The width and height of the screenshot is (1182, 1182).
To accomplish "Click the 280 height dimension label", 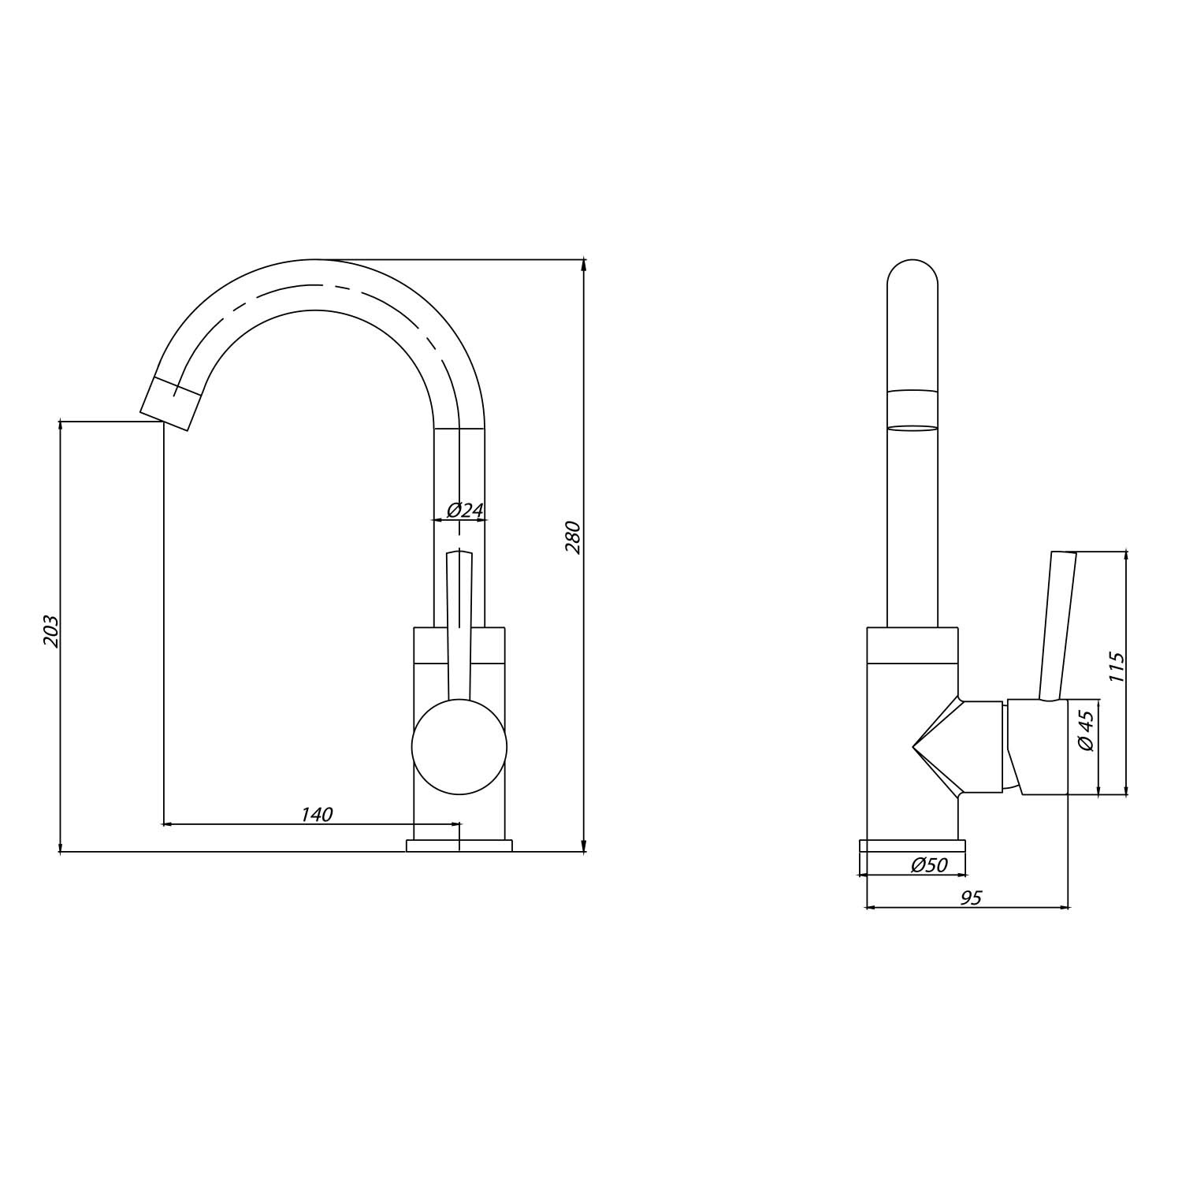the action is pos(574,537).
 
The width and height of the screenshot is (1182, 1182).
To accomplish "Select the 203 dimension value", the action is pos(51,631).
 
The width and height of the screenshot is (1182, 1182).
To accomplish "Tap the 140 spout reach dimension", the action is pos(317,815).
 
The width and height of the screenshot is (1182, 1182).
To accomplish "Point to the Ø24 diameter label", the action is pos(465,511).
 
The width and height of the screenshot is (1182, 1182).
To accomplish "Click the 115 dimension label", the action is pos(1116,667).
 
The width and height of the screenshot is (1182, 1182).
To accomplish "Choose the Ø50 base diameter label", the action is pos(929,865).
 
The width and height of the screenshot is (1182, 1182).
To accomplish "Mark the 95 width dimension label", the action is pos(972,898).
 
